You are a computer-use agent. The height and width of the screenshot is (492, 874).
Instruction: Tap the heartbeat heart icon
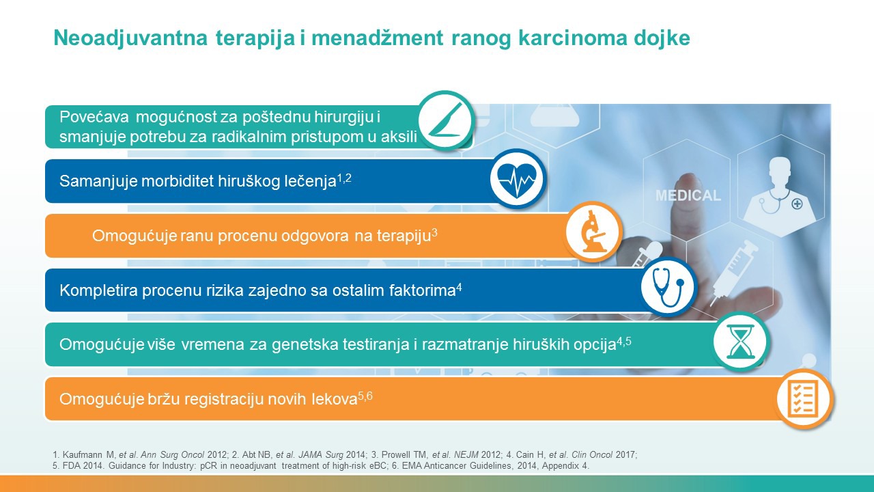click(517, 180)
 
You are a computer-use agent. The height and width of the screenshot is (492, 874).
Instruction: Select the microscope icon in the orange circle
click(593, 231)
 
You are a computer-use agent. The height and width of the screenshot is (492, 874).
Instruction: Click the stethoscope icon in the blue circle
click(668, 287)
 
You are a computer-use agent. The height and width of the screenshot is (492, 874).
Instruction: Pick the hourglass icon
click(740, 341)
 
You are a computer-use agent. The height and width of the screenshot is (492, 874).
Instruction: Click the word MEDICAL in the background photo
click(688, 195)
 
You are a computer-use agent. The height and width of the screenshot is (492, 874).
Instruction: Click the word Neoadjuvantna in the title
click(130, 38)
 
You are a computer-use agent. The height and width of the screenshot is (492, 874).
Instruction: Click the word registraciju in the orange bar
click(224, 399)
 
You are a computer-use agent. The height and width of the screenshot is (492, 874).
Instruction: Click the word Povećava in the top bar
click(94, 117)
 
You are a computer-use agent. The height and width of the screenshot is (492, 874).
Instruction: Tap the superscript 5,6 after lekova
click(365, 396)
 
